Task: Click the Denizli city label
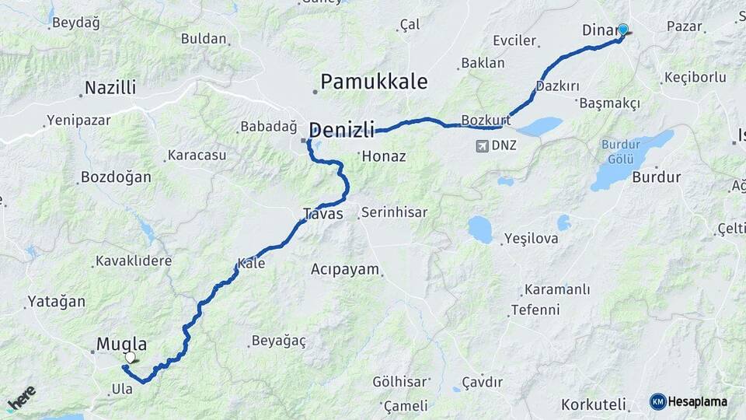pyautogui.click(x=342, y=129)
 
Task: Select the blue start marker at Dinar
pyautogui.click(x=622, y=30)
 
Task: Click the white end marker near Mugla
pyautogui.click(x=130, y=358)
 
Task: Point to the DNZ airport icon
pyautogui.click(x=483, y=145)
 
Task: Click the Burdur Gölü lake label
pyautogui.click(x=620, y=149)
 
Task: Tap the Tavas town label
pyautogui.click(x=322, y=213)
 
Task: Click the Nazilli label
pyautogui.click(x=110, y=88)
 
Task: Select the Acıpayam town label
pyautogui.click(x=345, y=270)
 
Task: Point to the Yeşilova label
pyautogui.click(x=531, y=239)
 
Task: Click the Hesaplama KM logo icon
pyautogui.click(x=657, y=401)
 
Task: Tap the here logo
pyautogui.click(x=21, y=397)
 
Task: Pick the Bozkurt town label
pyautogui.click(x=485, y=120)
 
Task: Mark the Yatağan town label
pyautogui.click(x=56, y=301)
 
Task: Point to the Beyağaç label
pyautogui.click(x=279, y=341)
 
